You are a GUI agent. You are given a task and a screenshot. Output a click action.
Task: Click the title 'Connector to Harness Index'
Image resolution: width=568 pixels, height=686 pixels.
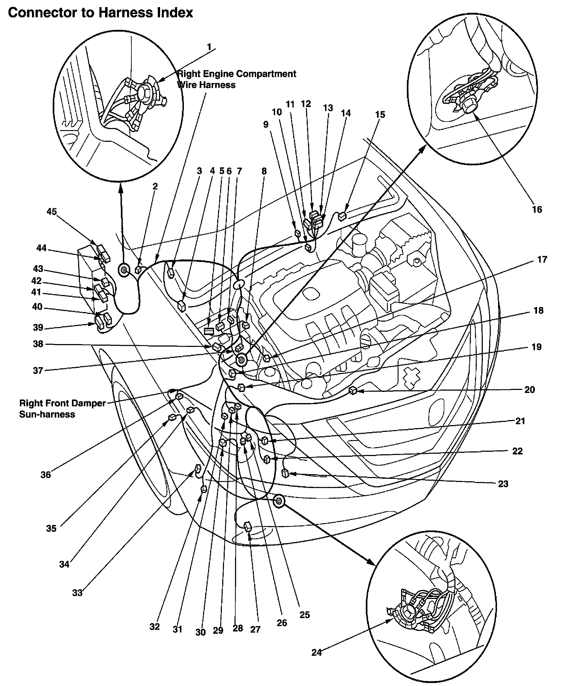pyautogui.click(x=100, y=13)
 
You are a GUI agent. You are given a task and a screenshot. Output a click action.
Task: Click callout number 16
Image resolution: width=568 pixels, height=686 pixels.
pyautogui.click(x=537, y=209)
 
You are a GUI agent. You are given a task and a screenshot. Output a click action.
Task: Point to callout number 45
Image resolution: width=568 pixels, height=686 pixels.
pyautogui.click(x=51, y=211)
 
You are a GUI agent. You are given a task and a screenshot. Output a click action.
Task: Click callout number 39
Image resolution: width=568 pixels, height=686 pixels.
pyautogui.click(x=38, y=327)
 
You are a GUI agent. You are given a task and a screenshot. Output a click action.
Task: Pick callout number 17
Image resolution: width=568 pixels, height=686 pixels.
pyautogui.click(x=542, y=259)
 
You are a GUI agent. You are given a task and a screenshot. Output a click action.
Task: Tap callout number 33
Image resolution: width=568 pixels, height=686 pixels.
pyautogui.click(x=77, y=593)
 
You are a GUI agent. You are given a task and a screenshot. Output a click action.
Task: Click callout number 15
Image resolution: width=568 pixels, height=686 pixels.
pyautogui.click(x=380, y=114)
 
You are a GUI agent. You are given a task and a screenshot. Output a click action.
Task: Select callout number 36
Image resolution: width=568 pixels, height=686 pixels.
pyautogui.click(x=45, y=475)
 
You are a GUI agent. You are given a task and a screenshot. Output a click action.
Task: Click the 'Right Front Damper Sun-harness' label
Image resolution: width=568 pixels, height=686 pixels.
pyautogui.click(x=62, y=409)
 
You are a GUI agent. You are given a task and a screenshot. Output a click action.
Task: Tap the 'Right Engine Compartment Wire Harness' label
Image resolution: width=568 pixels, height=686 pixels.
pyautogui.click(x=236, y=79)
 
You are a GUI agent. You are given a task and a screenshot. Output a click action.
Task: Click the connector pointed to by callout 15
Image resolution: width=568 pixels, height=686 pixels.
pyautogui.click(x=342, y=215)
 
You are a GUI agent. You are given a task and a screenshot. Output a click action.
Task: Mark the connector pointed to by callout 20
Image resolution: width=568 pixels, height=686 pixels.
pyautogui.click(x=353, y=391)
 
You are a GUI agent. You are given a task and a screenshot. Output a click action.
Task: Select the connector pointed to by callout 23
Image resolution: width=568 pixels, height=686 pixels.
pyautogui.click(x=285, y=473)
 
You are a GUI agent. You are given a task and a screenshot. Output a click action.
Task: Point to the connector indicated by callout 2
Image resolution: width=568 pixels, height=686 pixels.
pyautogui.click(x=138, y=270)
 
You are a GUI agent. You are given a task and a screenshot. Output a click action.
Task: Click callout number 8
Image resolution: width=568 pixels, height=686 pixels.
pyautogui.click(x=264, y=171)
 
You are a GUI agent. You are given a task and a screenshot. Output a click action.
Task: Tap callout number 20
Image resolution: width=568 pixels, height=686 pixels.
pyautogui.click(x=529, y=390)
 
